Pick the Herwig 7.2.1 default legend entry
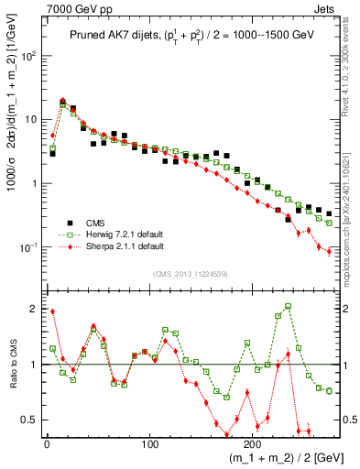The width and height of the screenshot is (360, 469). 112,234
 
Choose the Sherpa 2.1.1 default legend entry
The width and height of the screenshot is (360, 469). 112,246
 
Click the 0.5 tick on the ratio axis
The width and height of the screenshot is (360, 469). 30,420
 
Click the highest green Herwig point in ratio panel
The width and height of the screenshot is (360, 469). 288,306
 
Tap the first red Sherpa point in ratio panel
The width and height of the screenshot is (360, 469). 52,311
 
